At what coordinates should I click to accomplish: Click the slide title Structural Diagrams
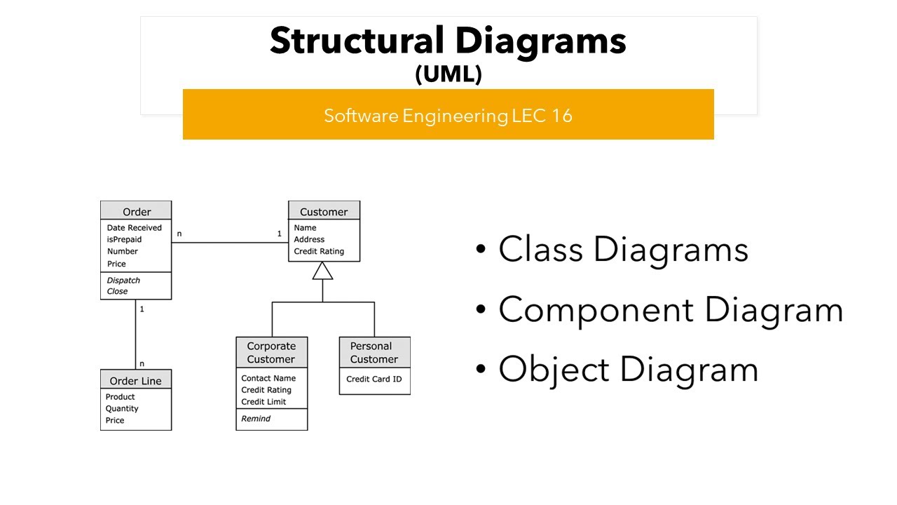[x=448, y=41]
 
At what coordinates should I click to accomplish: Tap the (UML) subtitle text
[x=448, y=74]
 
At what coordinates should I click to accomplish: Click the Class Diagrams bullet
[x=622, y=250]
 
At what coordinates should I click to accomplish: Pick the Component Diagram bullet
[x=670, y=309]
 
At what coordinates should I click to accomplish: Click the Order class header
[x=136, y=212]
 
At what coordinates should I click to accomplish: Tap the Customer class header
[x=324, y=212]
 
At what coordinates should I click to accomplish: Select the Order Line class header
[x=136, y=381]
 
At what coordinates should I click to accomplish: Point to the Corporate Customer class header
[x=271, y=353]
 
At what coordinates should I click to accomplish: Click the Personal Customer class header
[x=374, y=353]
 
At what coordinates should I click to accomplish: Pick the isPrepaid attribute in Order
[x=124, y=240]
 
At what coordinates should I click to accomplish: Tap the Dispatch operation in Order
[x=123, y=280]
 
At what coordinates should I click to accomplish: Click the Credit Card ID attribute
[x=374, y=379]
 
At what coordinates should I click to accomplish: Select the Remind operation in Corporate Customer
[x=256, y=419]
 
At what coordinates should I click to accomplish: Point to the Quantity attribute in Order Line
[x=122, y=409]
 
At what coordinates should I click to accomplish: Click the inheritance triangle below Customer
[x=322, y=271]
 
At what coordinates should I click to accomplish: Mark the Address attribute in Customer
[x=309, y=240]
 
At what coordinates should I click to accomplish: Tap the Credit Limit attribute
[x=263, y=402]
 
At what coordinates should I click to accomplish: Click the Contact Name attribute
[x=268, y=379]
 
